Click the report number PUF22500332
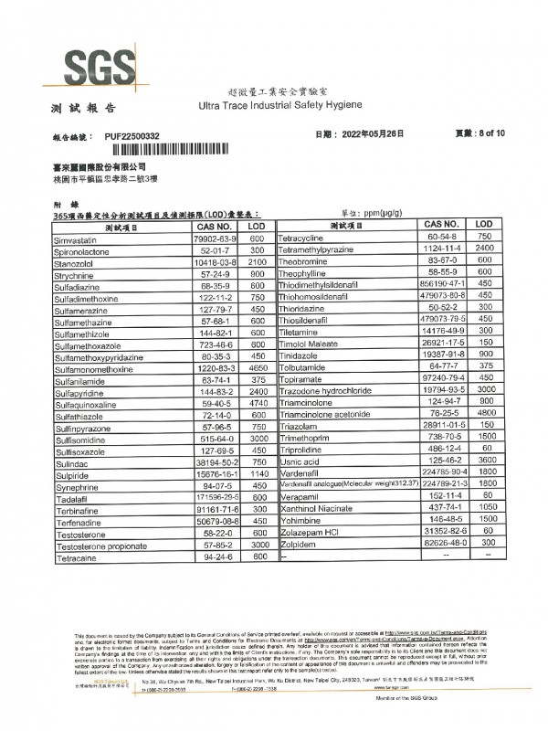(x=132, y=136)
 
